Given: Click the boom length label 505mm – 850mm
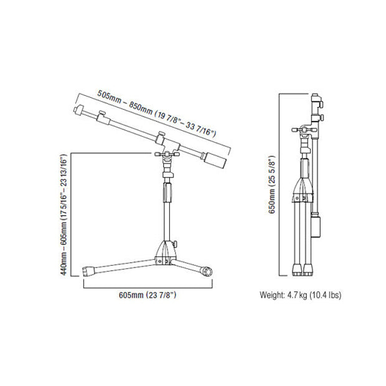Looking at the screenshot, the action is click(125, 103).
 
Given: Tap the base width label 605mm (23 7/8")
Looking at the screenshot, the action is click(148, 295).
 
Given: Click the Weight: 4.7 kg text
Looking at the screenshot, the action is click(283, 295).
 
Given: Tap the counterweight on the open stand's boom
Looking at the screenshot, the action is click(215, 161).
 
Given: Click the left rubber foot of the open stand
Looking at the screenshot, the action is click(88, 272).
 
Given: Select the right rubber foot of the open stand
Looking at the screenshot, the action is click(206, 271).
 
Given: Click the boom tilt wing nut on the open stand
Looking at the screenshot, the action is click(167, 154).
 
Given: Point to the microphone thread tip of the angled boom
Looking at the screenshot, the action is click(78, 110).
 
